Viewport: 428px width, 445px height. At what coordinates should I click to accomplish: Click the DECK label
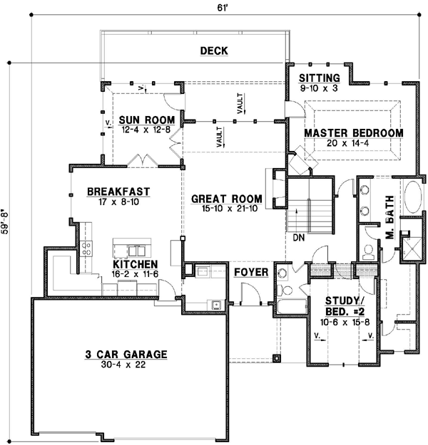pyautogui.click(x=214, y=51)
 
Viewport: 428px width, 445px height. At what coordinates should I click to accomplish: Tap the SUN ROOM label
pyautogui.click(x=138, y=119)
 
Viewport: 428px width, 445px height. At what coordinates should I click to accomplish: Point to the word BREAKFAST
pyautogui.click(x=118, y=191)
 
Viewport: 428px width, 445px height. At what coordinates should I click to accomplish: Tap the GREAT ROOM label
pyautogui.click(x=226, y=199)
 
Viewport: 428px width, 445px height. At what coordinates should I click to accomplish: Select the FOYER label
pyautogui.click(x=250, y=272)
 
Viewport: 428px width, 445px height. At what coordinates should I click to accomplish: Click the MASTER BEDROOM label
pyautogui.click(x=353, y=133)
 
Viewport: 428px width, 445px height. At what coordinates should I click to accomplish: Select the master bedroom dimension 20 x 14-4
pyautogui.click(x=353, y=144)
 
